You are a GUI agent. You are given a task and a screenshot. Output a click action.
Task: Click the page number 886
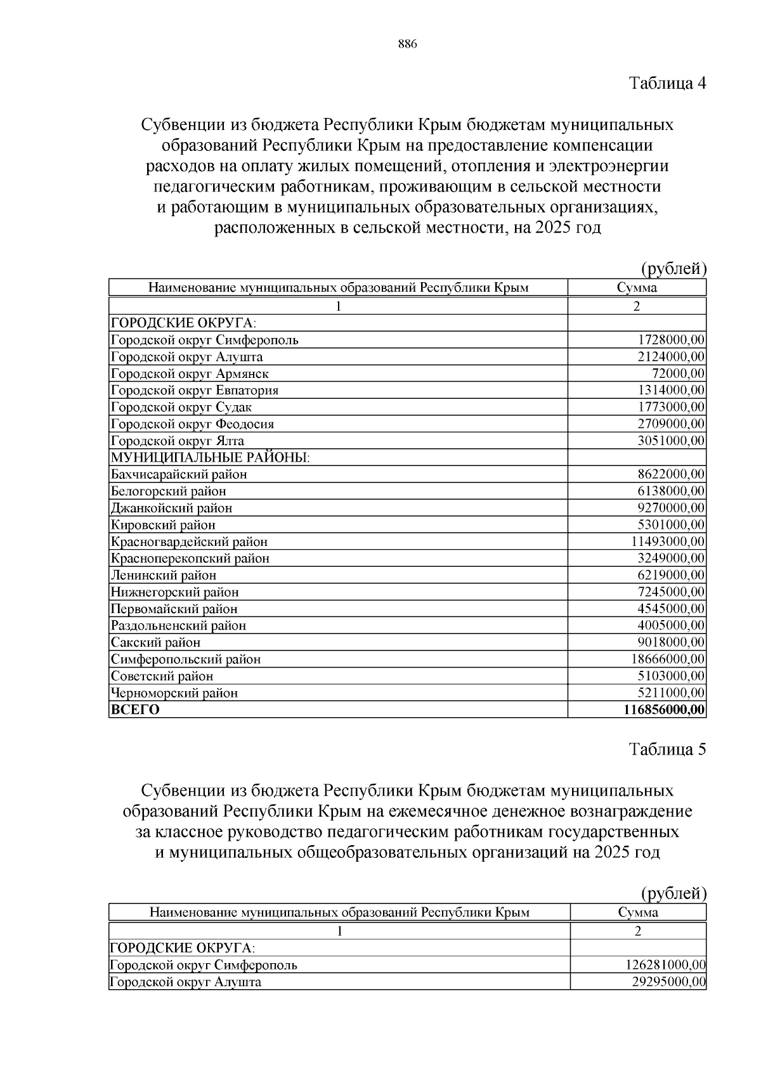pyautogui.click(x=407, y=44)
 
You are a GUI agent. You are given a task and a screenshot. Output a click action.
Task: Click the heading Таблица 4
pyautogui.click(x=667, y=83)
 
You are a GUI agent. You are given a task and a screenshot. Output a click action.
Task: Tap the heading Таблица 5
pyautogui.click(x=667, y=749)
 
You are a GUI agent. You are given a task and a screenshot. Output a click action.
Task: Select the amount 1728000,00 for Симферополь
pyautogui.click(x=671, y=340)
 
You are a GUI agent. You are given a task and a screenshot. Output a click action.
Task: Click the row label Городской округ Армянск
pyautogui.click(x=190, y=373)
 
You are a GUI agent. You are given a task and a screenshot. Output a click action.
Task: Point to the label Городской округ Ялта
pyautogui.click(x=178, y=441)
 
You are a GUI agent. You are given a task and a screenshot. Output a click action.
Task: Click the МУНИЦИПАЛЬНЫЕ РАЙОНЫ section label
pyautogui.click(x=210, y=457)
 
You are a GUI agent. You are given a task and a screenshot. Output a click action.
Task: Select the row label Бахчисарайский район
pyautogui.click(x=179, y=474)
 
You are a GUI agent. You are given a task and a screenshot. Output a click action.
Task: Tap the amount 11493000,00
pyautogui.click(x=668, y=541)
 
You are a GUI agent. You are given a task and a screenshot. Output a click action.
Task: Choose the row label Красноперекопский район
pyautogui.click(x=190, y=559)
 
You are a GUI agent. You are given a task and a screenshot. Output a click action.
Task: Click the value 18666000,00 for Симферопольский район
pyautogui.click(x=668, y=659)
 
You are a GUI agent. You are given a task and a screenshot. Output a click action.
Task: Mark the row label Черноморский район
pyautogui.click(x=174, y=693)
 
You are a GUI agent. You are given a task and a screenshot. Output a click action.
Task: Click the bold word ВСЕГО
pyautogui.click(x=135, y=710)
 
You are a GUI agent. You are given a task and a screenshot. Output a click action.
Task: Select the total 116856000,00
pyautogui.click(x=664, y=710)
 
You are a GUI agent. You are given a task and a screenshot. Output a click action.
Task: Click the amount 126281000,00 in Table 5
pyautogui.click(x=666, y=965)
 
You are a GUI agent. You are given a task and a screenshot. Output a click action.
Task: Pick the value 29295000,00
pyautogui.click(x=669, y=982)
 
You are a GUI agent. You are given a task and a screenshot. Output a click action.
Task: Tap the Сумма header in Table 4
pyautogui.click(x=637, y=288)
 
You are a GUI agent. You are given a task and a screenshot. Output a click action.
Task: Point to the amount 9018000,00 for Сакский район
pyautogui.click(x=671, y=642)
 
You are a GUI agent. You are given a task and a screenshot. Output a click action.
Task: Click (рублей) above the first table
pyautogui.click(x=673, y=269)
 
